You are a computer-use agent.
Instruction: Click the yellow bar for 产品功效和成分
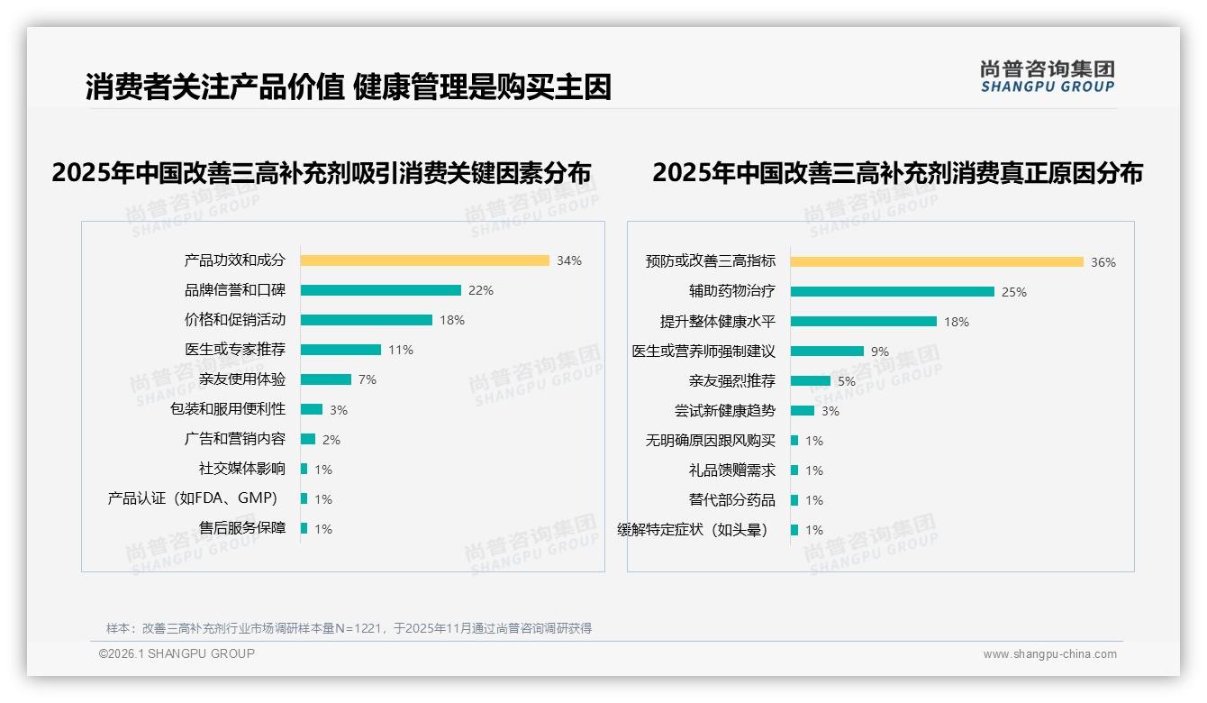coord(424,260)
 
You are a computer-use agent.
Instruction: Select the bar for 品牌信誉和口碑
coord(380,290)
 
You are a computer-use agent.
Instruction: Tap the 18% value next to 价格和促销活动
coord(452,320)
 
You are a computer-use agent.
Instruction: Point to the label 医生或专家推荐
coord(235,350)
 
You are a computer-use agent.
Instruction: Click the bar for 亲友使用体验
coord(325,379)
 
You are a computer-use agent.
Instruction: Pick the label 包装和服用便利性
coord(228,409)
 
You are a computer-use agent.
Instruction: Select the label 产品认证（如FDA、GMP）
coord(193,498)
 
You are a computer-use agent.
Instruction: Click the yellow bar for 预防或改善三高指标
coord(937,262)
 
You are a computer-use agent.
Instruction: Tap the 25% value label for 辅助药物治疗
coord(1014,292)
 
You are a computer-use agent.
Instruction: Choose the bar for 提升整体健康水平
coord(863,321)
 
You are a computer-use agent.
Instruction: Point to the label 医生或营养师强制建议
coord(703,351)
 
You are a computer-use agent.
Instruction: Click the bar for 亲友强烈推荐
coord(810,380)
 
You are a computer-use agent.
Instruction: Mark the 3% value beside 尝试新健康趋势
coord(830,411)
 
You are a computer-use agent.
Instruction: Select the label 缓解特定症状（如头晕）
coord(694,530)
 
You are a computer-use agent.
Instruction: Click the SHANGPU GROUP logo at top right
coord(1047,77)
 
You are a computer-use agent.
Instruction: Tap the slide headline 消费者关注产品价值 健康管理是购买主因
coord(349,87)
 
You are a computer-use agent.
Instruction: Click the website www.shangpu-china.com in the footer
coord(1049,654)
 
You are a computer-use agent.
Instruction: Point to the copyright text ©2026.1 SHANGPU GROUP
coord(177,653)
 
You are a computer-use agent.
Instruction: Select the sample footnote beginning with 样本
coord(349,628)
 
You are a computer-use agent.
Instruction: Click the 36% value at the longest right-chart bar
coord(1103,263)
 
